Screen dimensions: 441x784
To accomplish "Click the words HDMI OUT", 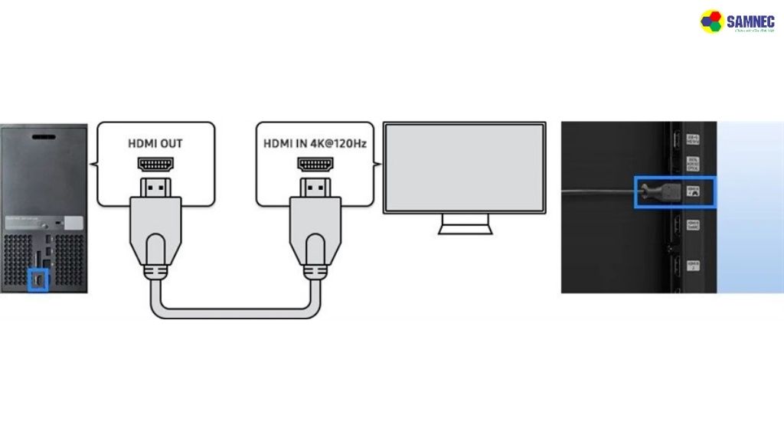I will [155, 143].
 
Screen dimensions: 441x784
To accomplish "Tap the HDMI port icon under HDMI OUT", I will [155, 164].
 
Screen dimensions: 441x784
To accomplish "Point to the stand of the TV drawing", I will [464, 224].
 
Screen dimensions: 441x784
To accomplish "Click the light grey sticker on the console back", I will [74, 223].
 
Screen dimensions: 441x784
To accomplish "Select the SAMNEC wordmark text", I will [750, 21].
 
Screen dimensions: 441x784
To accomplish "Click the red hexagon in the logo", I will [712, 15].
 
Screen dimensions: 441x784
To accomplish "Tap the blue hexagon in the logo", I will [706, 25].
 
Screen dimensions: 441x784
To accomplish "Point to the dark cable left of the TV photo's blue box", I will [597, 191].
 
